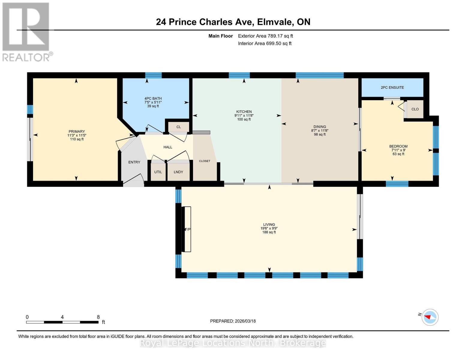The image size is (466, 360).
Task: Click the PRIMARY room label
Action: tap(77, 131)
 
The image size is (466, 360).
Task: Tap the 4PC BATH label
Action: tap(153, 98)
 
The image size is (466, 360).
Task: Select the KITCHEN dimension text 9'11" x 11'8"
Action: tap(244, 115)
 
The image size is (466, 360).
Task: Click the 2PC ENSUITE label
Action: tap(392, 88)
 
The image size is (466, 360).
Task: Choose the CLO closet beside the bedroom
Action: tap(415, 109)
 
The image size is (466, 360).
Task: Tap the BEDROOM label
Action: tap(398, 146)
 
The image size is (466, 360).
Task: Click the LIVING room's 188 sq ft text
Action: tap(269, 232)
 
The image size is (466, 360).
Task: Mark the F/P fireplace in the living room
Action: tap(187, 229)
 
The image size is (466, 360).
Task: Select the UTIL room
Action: tap(158, 172)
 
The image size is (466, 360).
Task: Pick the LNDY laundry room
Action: tap(178, 172)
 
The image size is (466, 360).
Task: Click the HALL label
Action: tap(168, 147)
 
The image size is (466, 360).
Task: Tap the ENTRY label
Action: tap(134, 162)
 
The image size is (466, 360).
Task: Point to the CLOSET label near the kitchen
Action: tap(205, 161)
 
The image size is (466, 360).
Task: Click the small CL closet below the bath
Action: tap(179, 127)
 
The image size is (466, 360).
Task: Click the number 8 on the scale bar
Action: tap(98, 317)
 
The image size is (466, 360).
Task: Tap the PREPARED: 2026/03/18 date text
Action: tap(233, 321)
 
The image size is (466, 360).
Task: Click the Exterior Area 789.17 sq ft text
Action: tap(265, 36)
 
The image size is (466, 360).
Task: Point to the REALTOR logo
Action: tap(26, 31)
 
